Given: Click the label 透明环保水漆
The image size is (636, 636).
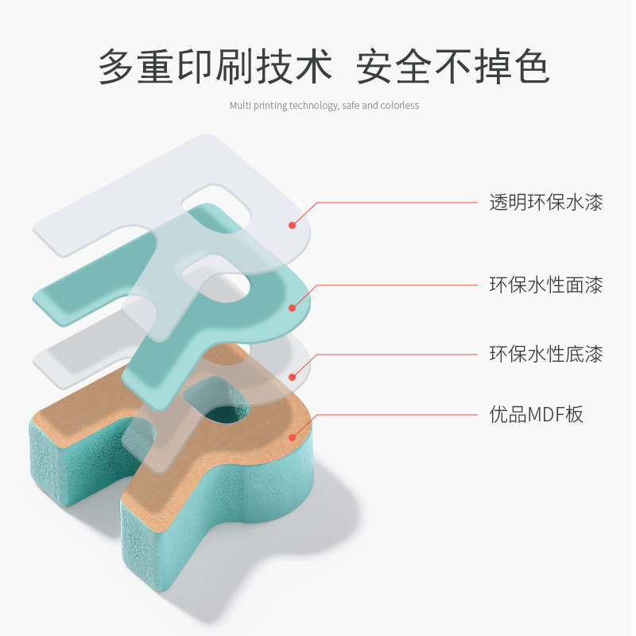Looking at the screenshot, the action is [545, 203].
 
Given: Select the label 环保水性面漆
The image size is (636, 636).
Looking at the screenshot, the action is [545, 285].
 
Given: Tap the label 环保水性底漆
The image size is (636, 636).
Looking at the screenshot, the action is [545, 354].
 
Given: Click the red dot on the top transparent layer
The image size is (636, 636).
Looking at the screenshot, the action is [293, 225].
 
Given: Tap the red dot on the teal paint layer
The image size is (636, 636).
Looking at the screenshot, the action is [293, 308].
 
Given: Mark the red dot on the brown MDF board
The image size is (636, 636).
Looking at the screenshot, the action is [293, 436].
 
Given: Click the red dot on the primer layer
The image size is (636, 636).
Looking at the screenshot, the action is [293, 377].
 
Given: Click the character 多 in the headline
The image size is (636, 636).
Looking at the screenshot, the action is [117, 67].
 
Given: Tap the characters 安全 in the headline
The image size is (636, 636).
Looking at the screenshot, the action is [394, 67].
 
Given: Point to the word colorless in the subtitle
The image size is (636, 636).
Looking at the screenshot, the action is [400, 106].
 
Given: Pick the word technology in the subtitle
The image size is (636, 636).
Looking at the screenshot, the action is [313, 106].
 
